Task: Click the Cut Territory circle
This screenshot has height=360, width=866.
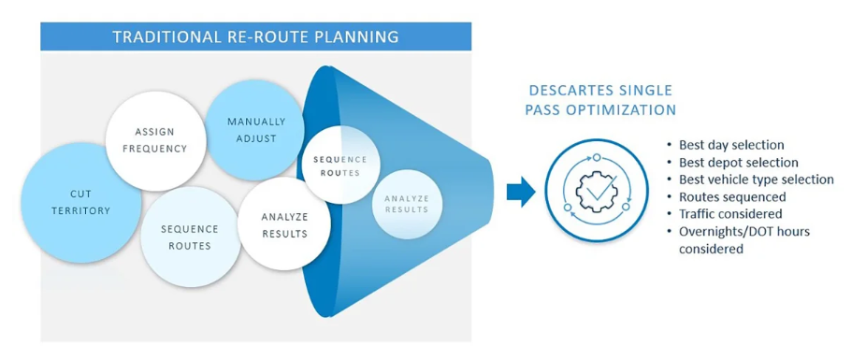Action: pos(80,202)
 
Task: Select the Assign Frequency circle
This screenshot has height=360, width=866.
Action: pos(160,139)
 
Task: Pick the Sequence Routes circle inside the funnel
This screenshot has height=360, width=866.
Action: pos(340,166)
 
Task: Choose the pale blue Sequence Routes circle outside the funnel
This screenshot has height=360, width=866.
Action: pos(189,237)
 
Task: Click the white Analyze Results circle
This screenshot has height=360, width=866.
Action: pos(284,225)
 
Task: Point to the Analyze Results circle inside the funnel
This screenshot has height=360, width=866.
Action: pos(405,204)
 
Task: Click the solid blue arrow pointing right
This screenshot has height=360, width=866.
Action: pos(521,193)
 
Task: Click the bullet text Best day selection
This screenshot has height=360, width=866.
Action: pos(731,145)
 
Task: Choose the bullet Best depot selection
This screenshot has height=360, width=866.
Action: pos(738,162)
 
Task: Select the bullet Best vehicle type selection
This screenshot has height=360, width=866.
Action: pos(756,180)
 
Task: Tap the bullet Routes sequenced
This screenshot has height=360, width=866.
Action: pos(731,196)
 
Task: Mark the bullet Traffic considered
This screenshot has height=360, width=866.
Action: pos(729,214)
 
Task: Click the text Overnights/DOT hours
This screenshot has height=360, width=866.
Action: pos(743,231)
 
